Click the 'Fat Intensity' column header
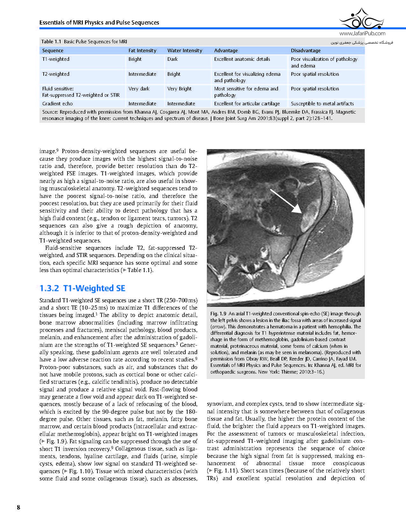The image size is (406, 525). (142, 51)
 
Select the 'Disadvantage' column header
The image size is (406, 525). (306, 51)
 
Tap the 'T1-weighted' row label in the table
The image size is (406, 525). (56, 59)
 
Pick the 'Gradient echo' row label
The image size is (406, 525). (58, 104)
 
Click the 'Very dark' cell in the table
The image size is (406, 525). (139, 89)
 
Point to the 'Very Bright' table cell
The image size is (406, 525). (179, 89)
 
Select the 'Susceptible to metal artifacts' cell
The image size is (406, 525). (322, 104)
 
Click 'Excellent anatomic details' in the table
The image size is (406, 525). (242, 59)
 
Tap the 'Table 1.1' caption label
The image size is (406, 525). (51, 42)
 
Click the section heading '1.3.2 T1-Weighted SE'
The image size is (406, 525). (82, 288)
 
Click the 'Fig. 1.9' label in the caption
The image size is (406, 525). (218, 314)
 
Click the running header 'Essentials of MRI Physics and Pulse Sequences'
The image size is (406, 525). (99, 23)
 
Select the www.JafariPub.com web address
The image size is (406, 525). (362, 33)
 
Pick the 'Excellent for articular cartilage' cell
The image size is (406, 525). (247, 104)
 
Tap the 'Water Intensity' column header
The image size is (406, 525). (185, 51)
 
